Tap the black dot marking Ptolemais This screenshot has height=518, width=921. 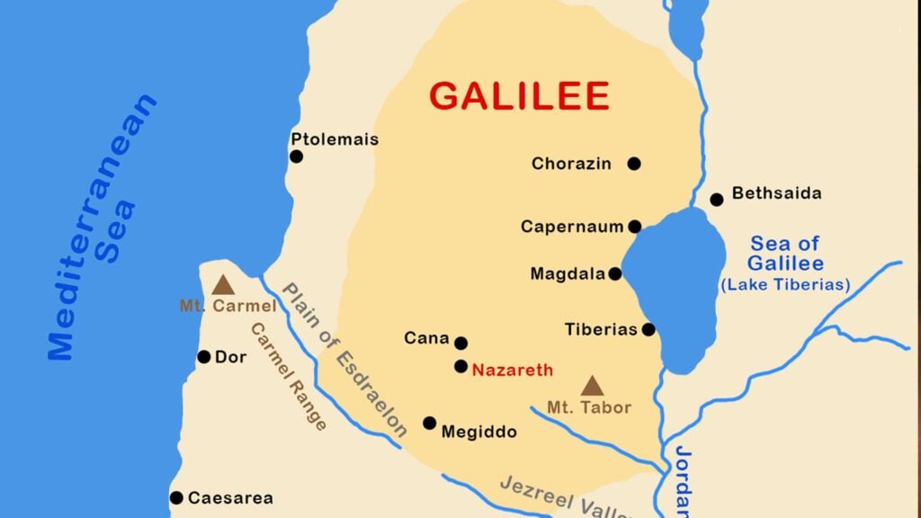coord(296,156)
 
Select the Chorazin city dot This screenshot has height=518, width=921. coord(634,164)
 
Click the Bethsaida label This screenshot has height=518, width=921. coord(776,193)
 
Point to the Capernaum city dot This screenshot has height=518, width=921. coord(635,227)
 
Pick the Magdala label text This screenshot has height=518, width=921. coord(567,274)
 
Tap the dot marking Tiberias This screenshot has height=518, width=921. coord(648,330)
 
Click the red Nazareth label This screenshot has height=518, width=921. coord(513,370)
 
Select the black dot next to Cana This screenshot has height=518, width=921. coord(461,343)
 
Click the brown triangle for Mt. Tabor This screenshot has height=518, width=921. coord(591,386)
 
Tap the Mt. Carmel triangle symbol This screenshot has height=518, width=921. coord(222,285)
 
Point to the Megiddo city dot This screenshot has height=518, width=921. coord(430,423)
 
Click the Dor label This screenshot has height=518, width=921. coord(230,358)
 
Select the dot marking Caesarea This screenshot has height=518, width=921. coord(176,497)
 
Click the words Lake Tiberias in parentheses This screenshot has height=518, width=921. coord(785,285)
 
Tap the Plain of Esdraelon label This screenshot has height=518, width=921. coord(343,359)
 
